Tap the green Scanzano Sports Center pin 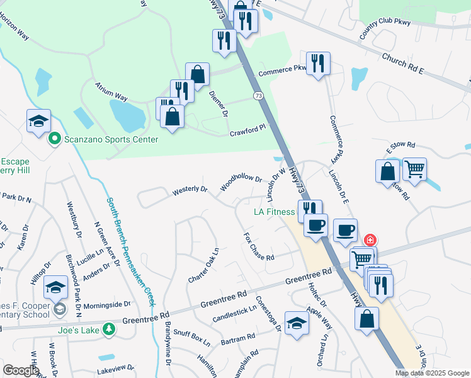(x=55, y=139)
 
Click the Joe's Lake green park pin (x=109, y=329)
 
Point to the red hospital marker (x=370, y=240)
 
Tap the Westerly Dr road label (x=190, y=189)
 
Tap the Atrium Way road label (x=111, y=91)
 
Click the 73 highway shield (x=258, y=96)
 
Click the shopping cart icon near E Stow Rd (x=414, y=169)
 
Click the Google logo (x=21, y=370)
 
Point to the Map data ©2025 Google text (x=432, y=373)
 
